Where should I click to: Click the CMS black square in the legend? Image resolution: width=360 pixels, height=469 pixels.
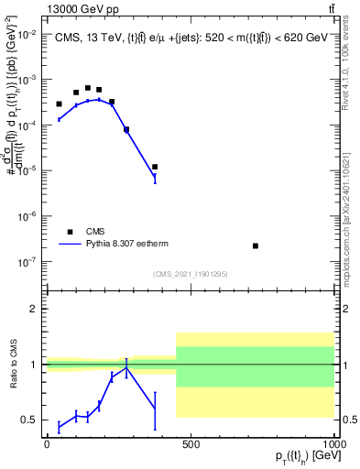[70, 232]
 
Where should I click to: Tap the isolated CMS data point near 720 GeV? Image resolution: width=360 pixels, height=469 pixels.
[255, 245]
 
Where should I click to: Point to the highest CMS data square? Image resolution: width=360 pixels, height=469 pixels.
[88, 88]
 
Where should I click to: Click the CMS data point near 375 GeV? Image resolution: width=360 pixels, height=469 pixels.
[155, 167]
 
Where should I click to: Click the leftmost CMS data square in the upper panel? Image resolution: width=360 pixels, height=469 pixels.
[59, 104]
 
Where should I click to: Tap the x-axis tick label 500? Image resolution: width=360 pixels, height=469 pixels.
[191, 444]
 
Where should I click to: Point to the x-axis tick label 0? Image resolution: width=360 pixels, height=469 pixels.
[47, 444]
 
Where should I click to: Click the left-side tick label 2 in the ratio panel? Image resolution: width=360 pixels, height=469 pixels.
[35, 310]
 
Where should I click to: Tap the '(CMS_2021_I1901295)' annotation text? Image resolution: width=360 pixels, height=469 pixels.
[191, 274]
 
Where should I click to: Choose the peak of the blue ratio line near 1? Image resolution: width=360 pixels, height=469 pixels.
[126, 367]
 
